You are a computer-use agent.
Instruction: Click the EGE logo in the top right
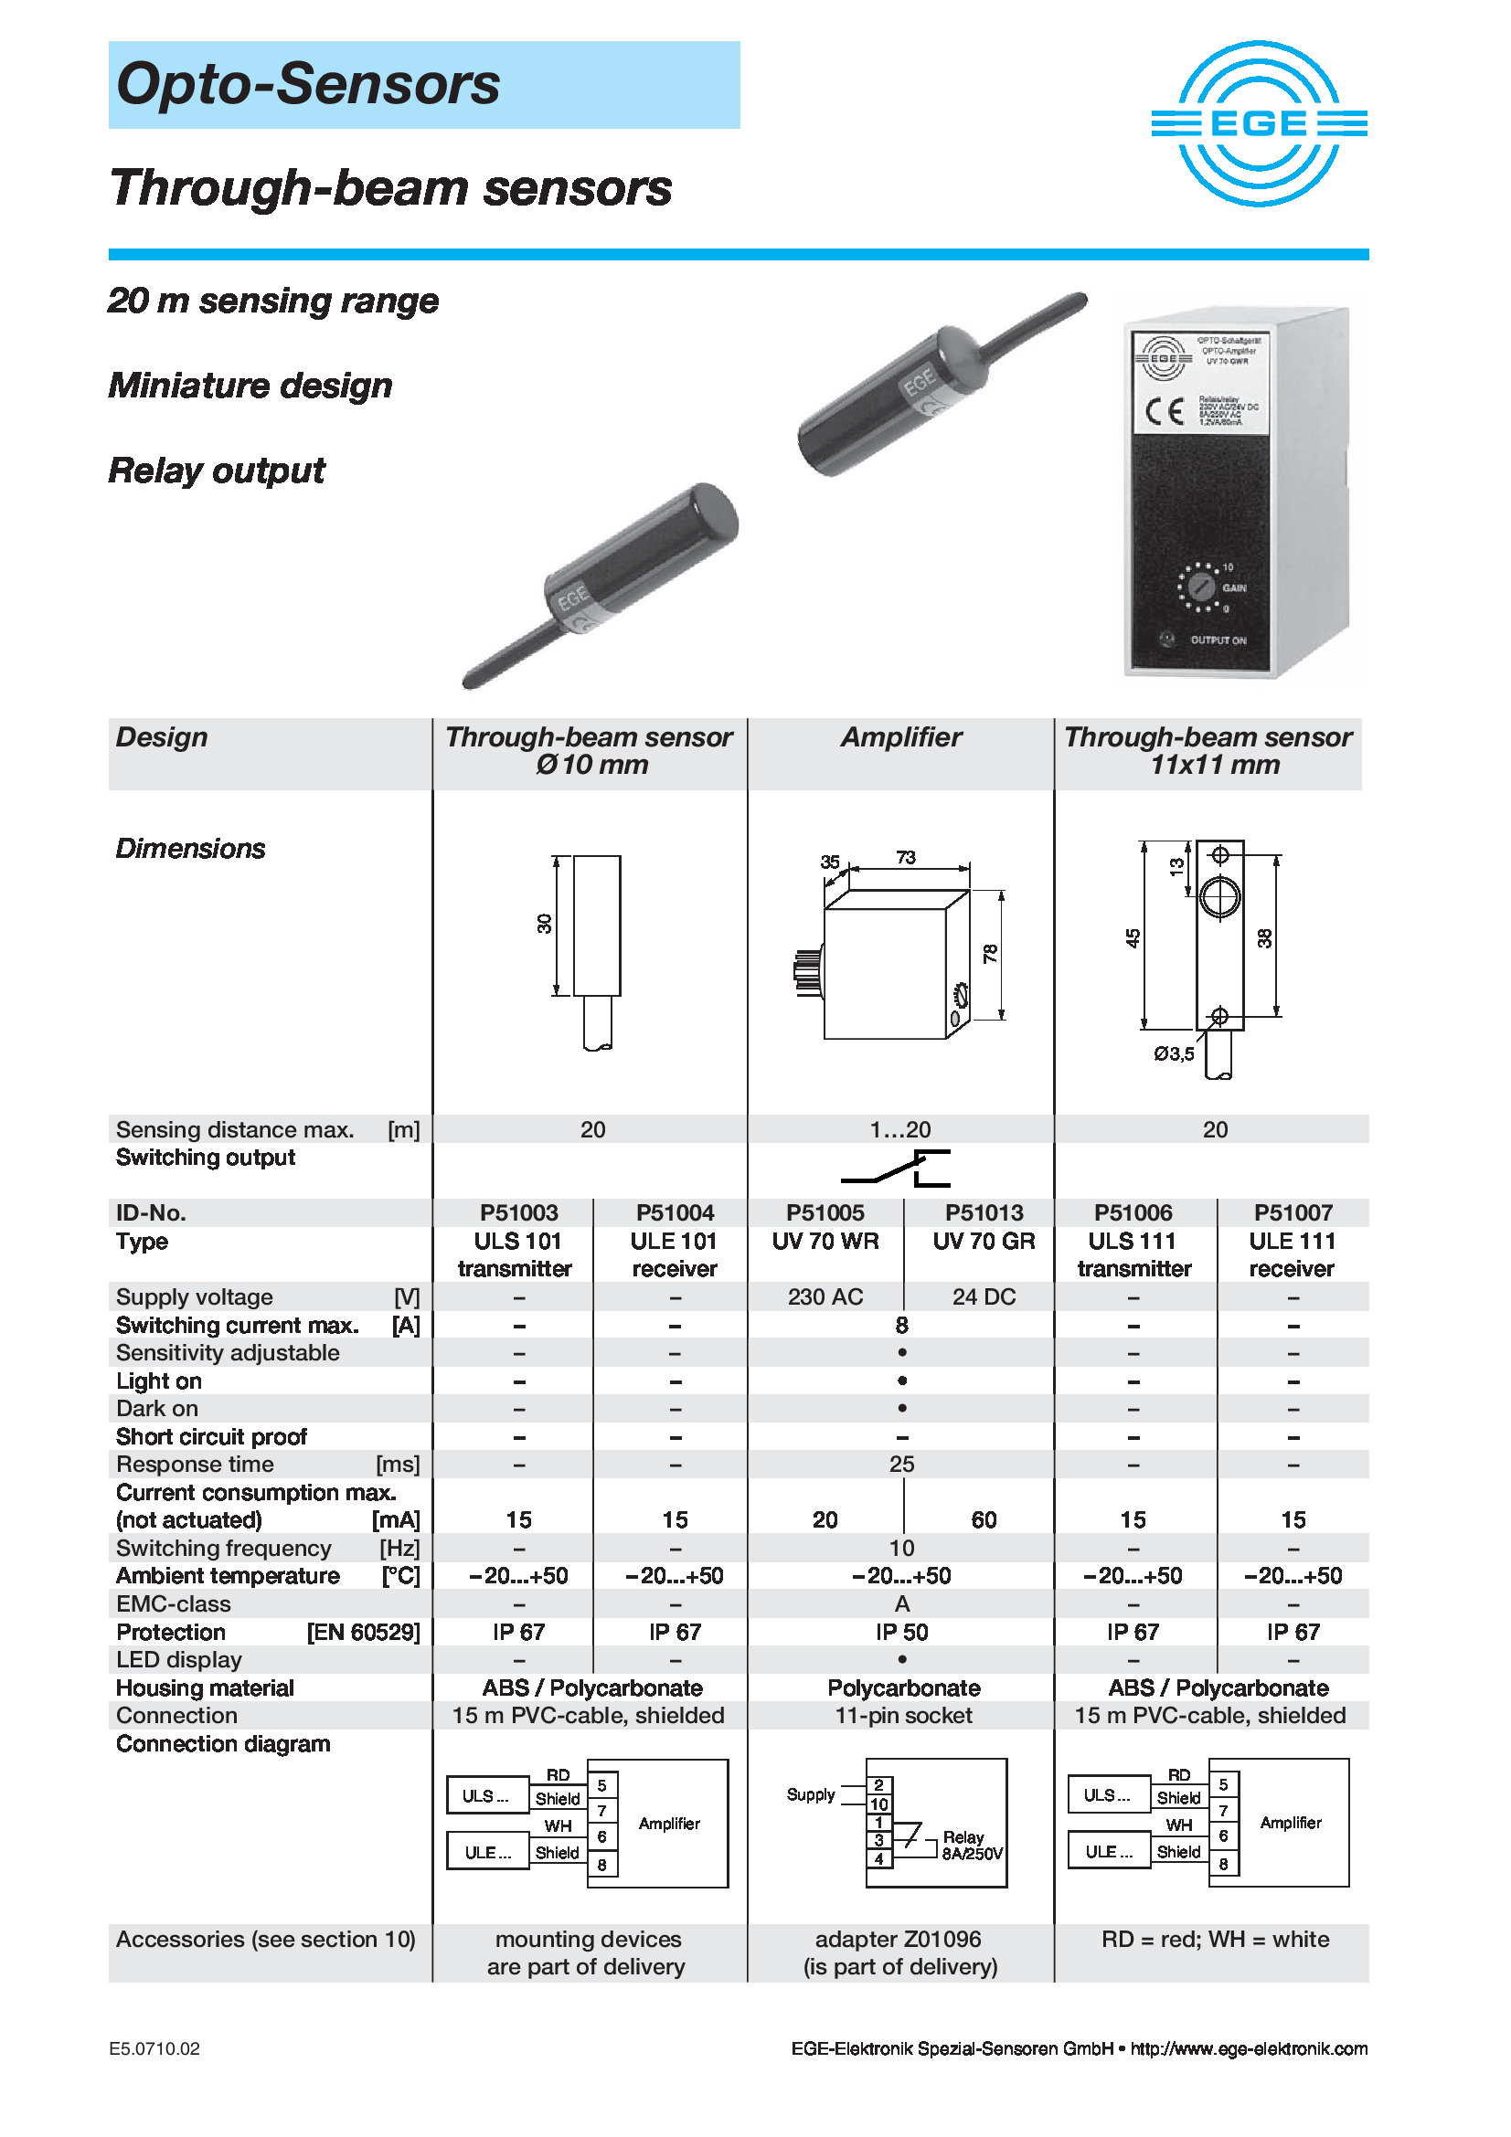coord(1259,122)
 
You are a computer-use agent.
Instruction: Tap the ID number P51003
coord(518,1212)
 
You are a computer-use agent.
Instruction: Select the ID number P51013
coord(984,1212)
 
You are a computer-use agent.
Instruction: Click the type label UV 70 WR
coord(825,1241)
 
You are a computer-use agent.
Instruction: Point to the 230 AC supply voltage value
coord(825,1296)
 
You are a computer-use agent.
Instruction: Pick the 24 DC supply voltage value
coord(984,1296)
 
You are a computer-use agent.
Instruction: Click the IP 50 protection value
coord(901,1632)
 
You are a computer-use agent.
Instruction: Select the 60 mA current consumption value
coord(984,1520)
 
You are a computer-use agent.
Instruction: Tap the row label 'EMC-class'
coord(173,1603)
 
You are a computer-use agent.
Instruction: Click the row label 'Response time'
coord(195,1464)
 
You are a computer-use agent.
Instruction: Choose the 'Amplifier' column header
coord(900,737)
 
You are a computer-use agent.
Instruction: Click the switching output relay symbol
coord(896,1169)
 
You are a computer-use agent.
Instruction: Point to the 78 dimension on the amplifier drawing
coord(990,953)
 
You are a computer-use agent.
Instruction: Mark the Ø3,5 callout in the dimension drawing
coord(1173,1053)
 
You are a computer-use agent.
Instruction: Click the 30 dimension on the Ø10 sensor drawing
coord(545,924)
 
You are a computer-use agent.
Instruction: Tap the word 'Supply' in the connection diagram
coord(810,1794)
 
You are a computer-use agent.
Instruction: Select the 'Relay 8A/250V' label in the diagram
coord(971,1845)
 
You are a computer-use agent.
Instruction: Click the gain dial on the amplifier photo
coord(1201,587)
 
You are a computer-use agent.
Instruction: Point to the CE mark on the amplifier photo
coord(1164,410)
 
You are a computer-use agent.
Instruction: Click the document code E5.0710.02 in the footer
coord(154,2048)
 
